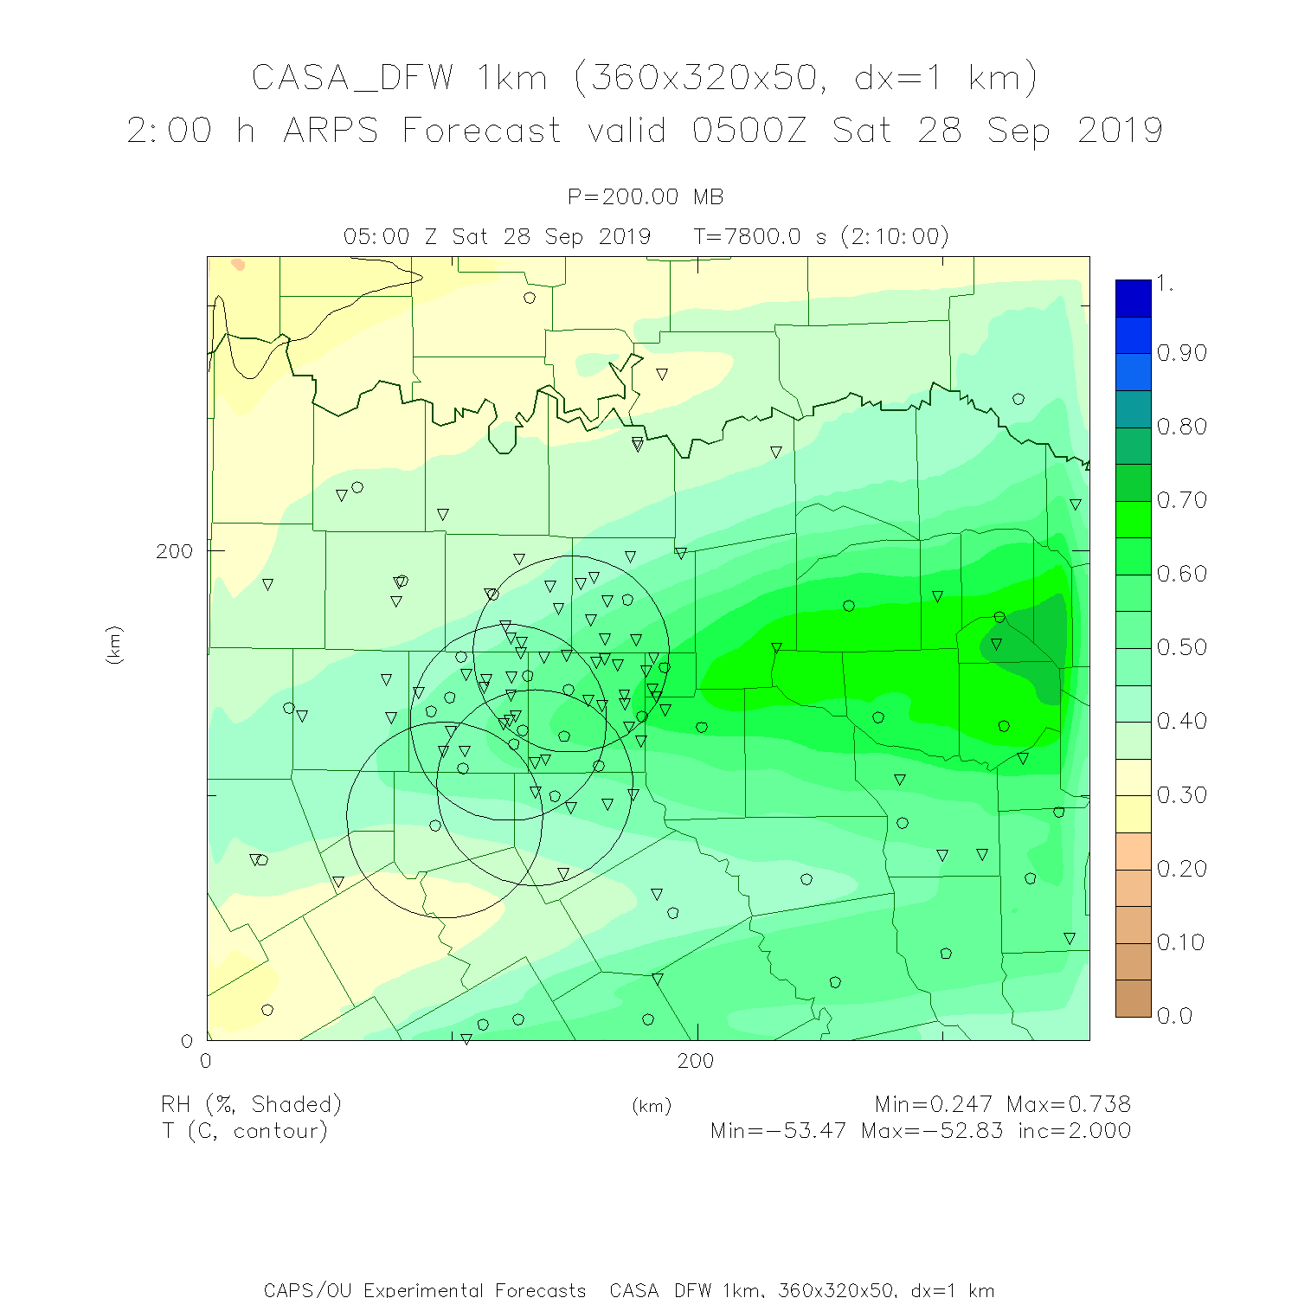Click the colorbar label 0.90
pyautogui.click(x=1181, y=353)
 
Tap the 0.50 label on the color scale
pyautogui.click(x=1181, y=647)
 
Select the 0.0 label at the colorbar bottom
pyautogui.click(x=1175, y=1016)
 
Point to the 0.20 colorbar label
pyautogui.click(x=1181, y=869)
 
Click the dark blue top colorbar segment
pyautogui.click(x=1133, y=298)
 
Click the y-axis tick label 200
pyautogui.click(x=174, y=552)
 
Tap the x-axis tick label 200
pyautogui.click(x=696, y=1062)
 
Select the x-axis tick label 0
pyautogui.click(x=206, y=1062)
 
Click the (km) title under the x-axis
pyautogui.click(x=652, y=1106)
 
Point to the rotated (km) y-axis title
pyautogui.click(x=113, y=645)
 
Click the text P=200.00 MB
pyautogui.click(x=646, y=197)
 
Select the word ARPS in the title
pyautogui.click(x=331, y=131)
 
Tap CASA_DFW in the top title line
pyautogui.click(x=352, y=78)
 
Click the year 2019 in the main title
pyautogui.click(x=1120, y=131)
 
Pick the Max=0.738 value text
pyautogui.click(x=1068, y=1104)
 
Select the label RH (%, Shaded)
pyautogui.click(x=252, y=1104)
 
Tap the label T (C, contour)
pyautogui.click(x=245, y=1130)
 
